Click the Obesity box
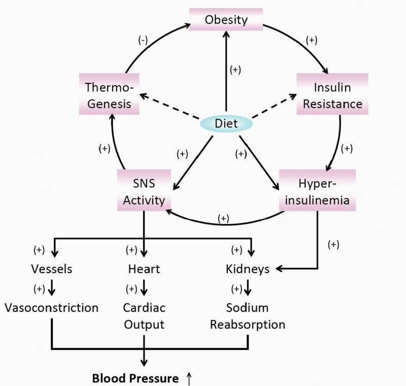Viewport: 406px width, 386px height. (x=226, y=20)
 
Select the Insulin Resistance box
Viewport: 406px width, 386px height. (x=332, y=95)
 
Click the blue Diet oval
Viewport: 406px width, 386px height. (x=226, y=123)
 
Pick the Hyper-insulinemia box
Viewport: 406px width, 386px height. (x=317, y=190)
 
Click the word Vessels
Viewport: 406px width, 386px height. (x=52, y=269)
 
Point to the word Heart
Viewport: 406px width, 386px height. (x=144, y=269)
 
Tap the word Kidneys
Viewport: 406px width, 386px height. (x=247, y=269)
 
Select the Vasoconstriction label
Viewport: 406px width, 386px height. (x=51, y=308)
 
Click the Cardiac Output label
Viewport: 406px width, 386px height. (x=144, y=316)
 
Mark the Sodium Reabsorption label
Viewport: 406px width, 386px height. (x=248, y=316)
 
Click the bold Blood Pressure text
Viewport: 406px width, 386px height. (x=135, y=378)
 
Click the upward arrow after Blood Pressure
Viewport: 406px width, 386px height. (x=189, y=378)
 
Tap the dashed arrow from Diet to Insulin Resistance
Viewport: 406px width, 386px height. (x=274, y=107)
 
